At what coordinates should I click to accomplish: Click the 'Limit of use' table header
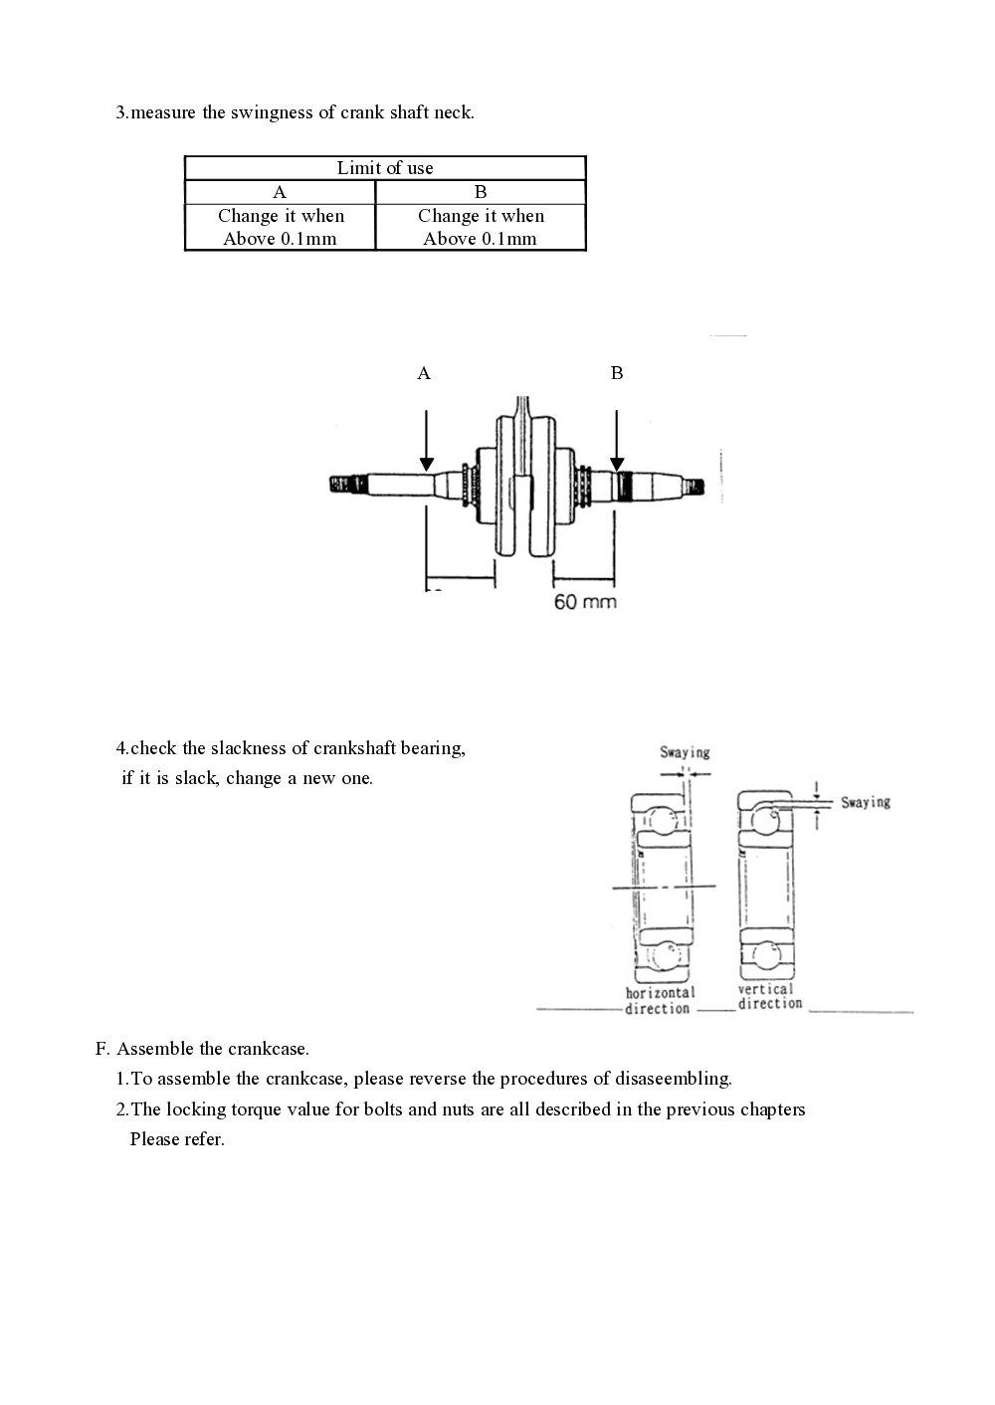(x=385, y=168)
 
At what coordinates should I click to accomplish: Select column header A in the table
(x=280, y=192)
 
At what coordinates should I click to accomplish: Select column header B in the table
(x=481, y=192)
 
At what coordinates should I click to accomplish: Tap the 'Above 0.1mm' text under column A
(x=280, y=239)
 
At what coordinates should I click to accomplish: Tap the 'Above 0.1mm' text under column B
(x=480, y=239)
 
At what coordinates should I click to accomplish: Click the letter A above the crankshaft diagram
(x=424, y=373)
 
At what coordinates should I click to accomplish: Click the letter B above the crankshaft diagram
(x=617, y=373)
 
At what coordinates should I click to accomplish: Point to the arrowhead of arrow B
(x=617, y=464)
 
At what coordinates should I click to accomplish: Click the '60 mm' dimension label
(x=585, y=602)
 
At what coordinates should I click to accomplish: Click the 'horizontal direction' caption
(x=660, y=1001)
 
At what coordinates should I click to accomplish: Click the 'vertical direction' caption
(x=769, y=997)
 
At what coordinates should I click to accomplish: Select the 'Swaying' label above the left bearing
(x=685, y=752)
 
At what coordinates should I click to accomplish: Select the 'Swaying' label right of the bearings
(x=865, y=802)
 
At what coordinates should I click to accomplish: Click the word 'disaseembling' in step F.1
(x=673, y=1079)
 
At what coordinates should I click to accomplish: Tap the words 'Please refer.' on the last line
(x=177, y=1139)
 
